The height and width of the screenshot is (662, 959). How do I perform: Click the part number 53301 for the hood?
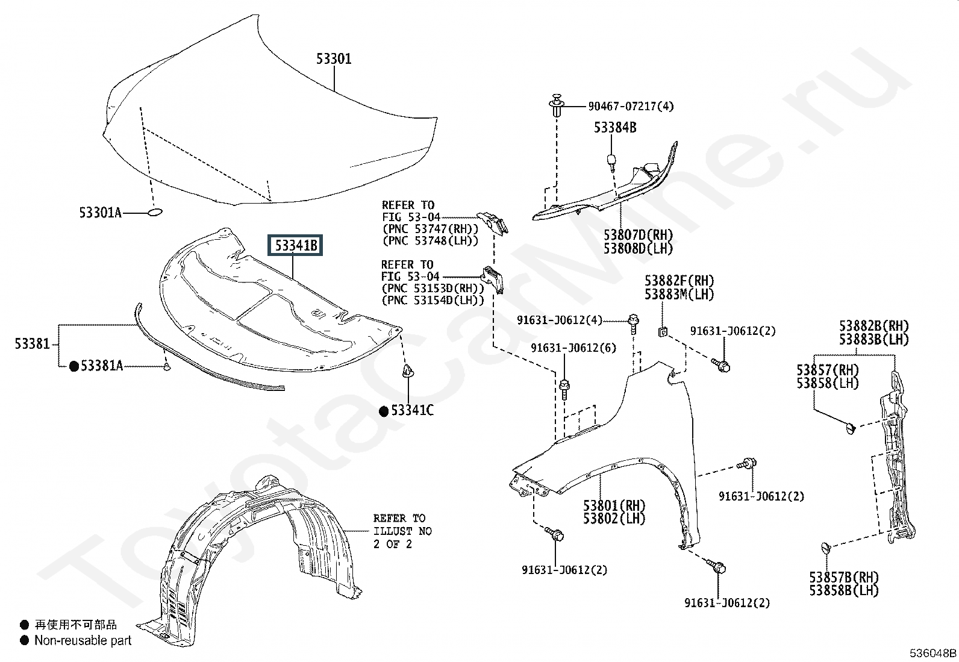334,58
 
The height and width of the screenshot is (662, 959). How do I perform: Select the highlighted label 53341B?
295,245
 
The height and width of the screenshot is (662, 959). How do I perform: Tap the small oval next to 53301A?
155,212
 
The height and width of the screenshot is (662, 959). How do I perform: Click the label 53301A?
100,213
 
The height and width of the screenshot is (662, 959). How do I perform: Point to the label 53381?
32,343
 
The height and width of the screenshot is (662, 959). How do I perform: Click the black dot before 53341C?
384,411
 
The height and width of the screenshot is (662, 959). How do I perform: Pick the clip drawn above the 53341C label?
408,371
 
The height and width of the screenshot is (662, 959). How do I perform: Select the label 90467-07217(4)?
631,106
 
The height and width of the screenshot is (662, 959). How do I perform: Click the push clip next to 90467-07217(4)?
556,104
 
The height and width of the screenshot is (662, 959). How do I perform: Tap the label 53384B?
615,127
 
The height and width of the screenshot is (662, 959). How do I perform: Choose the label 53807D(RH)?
638,235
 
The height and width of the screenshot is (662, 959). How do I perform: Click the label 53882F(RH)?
679,281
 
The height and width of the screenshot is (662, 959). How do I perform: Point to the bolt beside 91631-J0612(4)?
634,324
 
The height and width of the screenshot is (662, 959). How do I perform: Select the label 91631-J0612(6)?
573,348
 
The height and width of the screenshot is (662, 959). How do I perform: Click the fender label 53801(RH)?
614,505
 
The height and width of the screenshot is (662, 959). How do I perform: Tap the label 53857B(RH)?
843,577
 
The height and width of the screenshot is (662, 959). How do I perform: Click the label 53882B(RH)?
873,326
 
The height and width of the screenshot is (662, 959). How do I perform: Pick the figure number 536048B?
933,653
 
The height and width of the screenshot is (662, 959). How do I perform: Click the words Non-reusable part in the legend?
83,640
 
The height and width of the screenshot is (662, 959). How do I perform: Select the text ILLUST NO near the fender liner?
402,531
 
